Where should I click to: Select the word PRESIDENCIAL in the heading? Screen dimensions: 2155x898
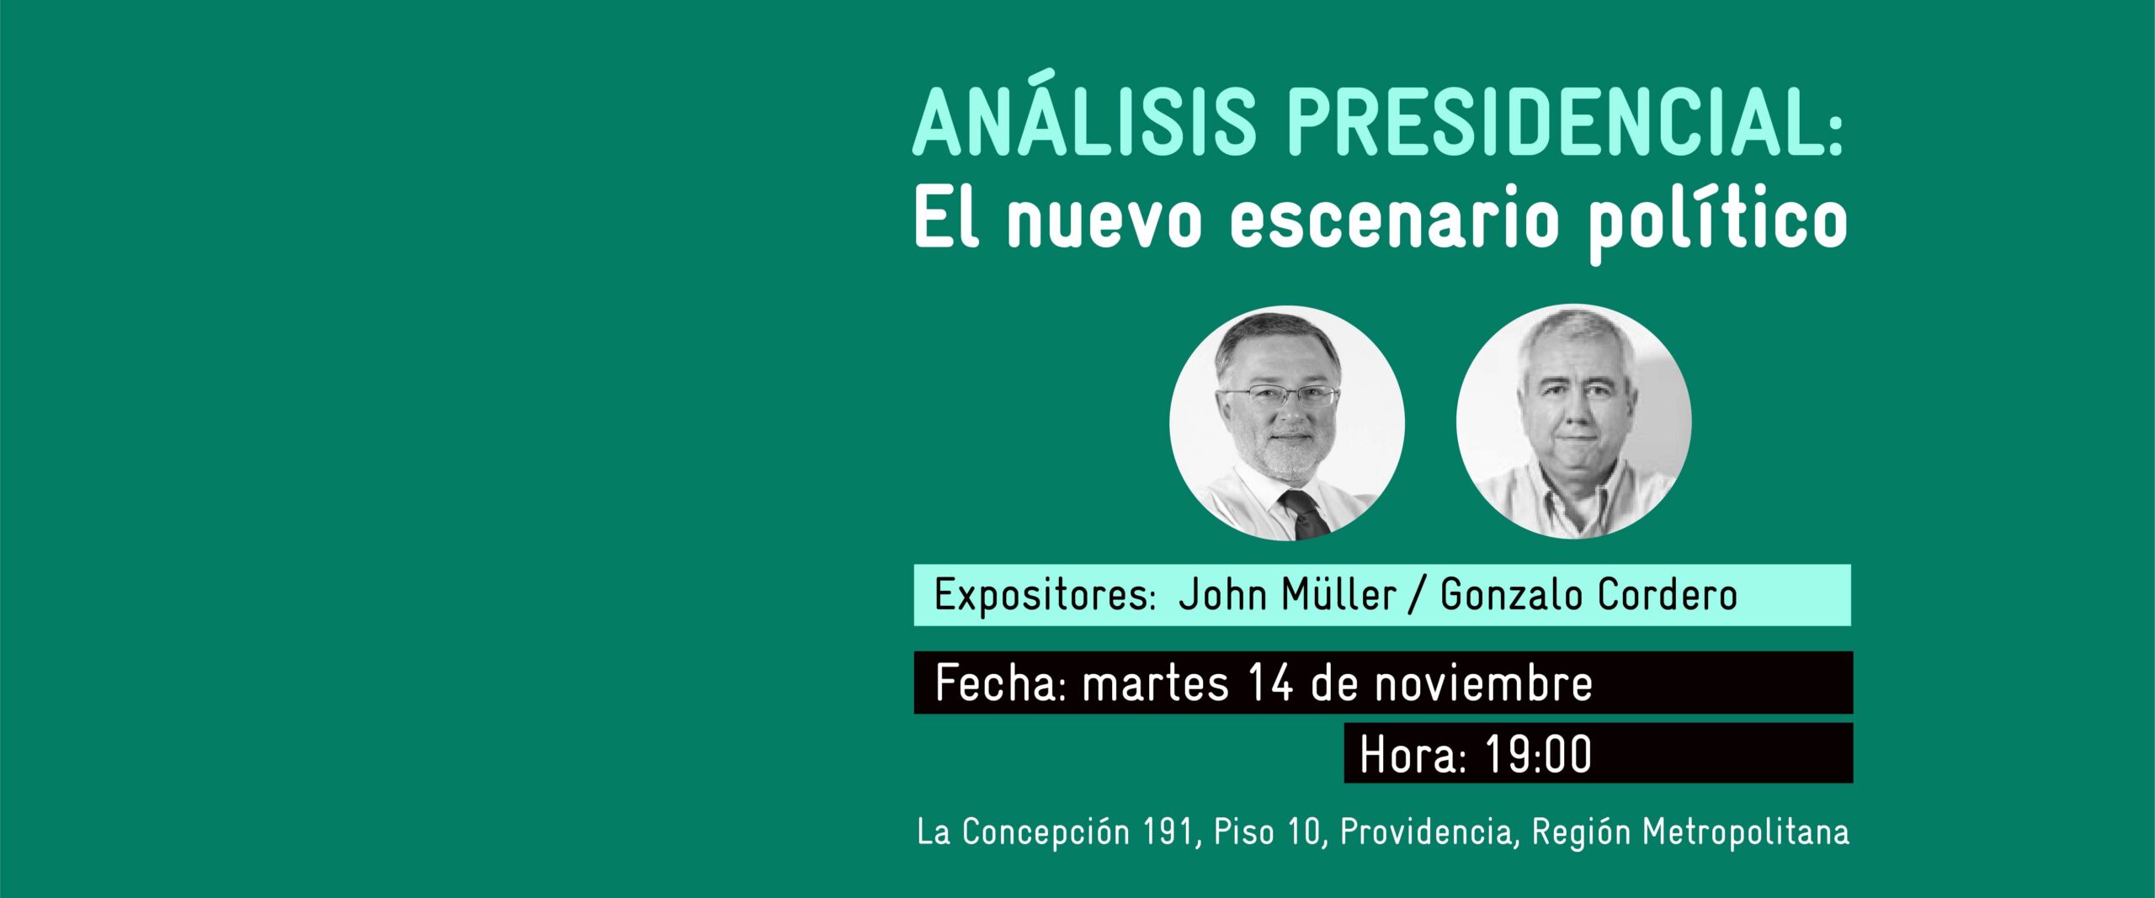point(1559,123)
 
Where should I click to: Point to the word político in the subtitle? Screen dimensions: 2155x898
point(1718,224)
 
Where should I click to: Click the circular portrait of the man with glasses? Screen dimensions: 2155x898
point(1287,422)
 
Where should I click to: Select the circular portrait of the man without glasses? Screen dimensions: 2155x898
point(1574,421)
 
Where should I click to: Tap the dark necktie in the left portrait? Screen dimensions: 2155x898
point(1304,514)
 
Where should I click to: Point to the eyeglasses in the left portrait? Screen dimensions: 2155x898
point(1280,396)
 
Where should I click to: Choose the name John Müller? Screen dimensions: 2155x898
point(1287,594)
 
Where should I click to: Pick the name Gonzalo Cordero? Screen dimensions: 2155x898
point(1588,594)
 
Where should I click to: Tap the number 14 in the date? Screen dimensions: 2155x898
point(1270,683)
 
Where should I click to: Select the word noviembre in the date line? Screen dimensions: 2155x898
point(1484,683)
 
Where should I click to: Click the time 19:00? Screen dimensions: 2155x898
point(1538,754)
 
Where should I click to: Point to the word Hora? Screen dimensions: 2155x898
point(1414,754)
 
